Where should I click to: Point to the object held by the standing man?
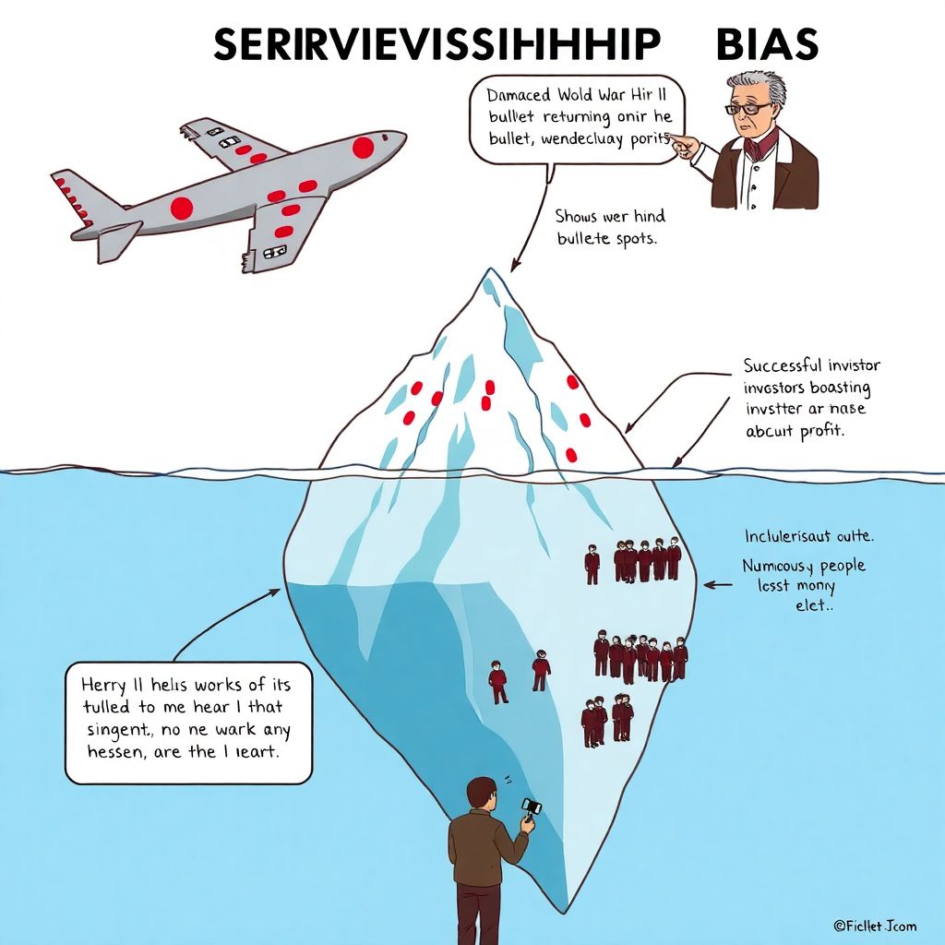[x=531, y=808]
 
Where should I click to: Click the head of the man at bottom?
[x=479, y=793]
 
